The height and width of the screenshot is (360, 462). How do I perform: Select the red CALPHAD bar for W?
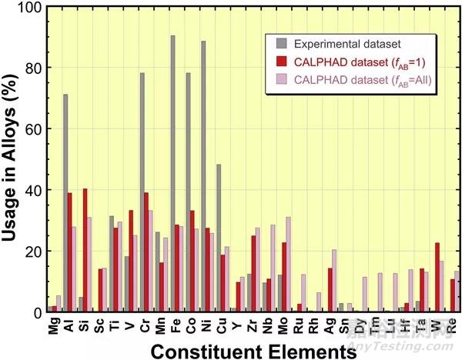point(437,277)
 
